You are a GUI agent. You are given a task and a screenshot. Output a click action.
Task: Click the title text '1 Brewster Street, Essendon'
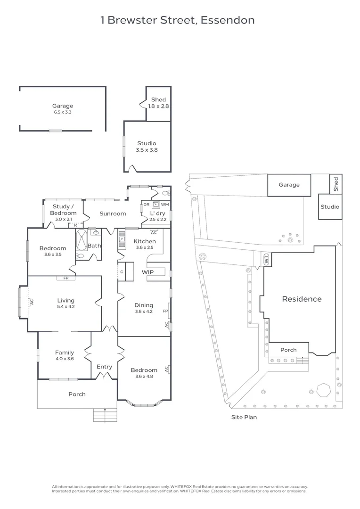click(x=178, y=20)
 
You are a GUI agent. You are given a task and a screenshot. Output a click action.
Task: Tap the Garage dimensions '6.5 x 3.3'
click(x=63, y=112)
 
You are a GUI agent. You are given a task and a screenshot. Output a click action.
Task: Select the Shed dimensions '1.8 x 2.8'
click(x=158, y=107)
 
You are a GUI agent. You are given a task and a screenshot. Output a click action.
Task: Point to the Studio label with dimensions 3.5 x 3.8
click(x=147, y=143)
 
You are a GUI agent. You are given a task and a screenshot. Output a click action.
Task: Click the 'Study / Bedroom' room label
click(x=63, y=210)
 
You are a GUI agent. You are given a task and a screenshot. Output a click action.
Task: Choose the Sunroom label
click(x=113, y=213)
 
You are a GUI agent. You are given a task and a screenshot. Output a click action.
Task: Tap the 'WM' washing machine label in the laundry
click(x=164, y=205)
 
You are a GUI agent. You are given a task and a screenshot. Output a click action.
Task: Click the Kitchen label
click(x=145, y=241)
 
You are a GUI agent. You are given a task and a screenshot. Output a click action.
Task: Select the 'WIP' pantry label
click(x=148, y=272)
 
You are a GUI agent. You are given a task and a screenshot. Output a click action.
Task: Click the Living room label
click(x=65, y=300)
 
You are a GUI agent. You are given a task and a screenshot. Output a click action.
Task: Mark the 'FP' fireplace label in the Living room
click(x=65, y=278)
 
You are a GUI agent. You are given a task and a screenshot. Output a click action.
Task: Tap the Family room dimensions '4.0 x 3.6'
click(x=65, y=358)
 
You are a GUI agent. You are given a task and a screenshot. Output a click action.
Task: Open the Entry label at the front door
click(x=104, y=367)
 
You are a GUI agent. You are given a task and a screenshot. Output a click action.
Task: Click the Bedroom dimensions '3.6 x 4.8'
click(x=144, y=376)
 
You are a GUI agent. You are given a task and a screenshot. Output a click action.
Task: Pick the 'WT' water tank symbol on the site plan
click(x=266, y=259)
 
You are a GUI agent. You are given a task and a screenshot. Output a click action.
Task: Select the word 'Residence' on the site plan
click(x=302, y=299)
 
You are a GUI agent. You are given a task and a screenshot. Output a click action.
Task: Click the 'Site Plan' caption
click(x=244, y=417)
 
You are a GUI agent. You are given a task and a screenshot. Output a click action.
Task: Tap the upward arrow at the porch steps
click(x=104, y=415)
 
